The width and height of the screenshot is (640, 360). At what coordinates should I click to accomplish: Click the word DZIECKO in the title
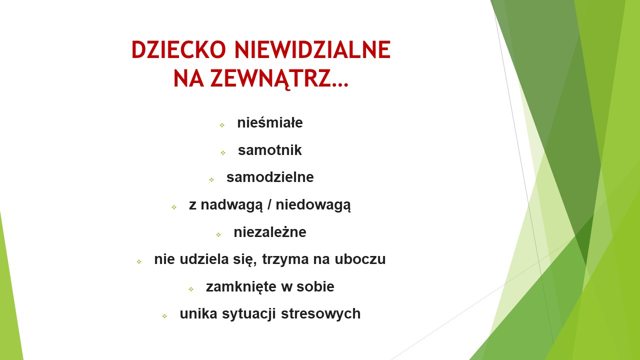pos(178,49)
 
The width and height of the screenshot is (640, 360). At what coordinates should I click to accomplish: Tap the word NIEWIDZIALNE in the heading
pos(312,49)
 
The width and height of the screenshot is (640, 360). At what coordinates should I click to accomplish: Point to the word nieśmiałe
pos(270,123)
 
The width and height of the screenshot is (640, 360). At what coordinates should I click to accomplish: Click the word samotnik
pos(269,150)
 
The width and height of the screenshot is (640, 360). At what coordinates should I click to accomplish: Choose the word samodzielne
pos(270,177)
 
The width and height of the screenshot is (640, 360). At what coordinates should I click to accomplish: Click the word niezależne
pos(270,232)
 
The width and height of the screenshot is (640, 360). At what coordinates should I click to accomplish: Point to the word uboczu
pos(360,259)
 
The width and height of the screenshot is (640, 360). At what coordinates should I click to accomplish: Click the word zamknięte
pos(241,287)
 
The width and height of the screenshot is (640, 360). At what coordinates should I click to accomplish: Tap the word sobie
pos(315,286)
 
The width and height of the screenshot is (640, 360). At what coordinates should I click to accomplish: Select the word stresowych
pos(320,313)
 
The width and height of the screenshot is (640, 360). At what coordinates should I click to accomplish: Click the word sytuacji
pos(249,314)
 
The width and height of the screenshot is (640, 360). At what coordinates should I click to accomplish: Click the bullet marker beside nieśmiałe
pos(222,125)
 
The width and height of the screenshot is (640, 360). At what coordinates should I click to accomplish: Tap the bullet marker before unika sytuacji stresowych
pos(164,316)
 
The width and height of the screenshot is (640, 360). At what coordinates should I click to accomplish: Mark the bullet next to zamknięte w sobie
pos(191,289)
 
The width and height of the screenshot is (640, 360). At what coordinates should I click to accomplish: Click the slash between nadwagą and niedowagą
pos(269,205)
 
